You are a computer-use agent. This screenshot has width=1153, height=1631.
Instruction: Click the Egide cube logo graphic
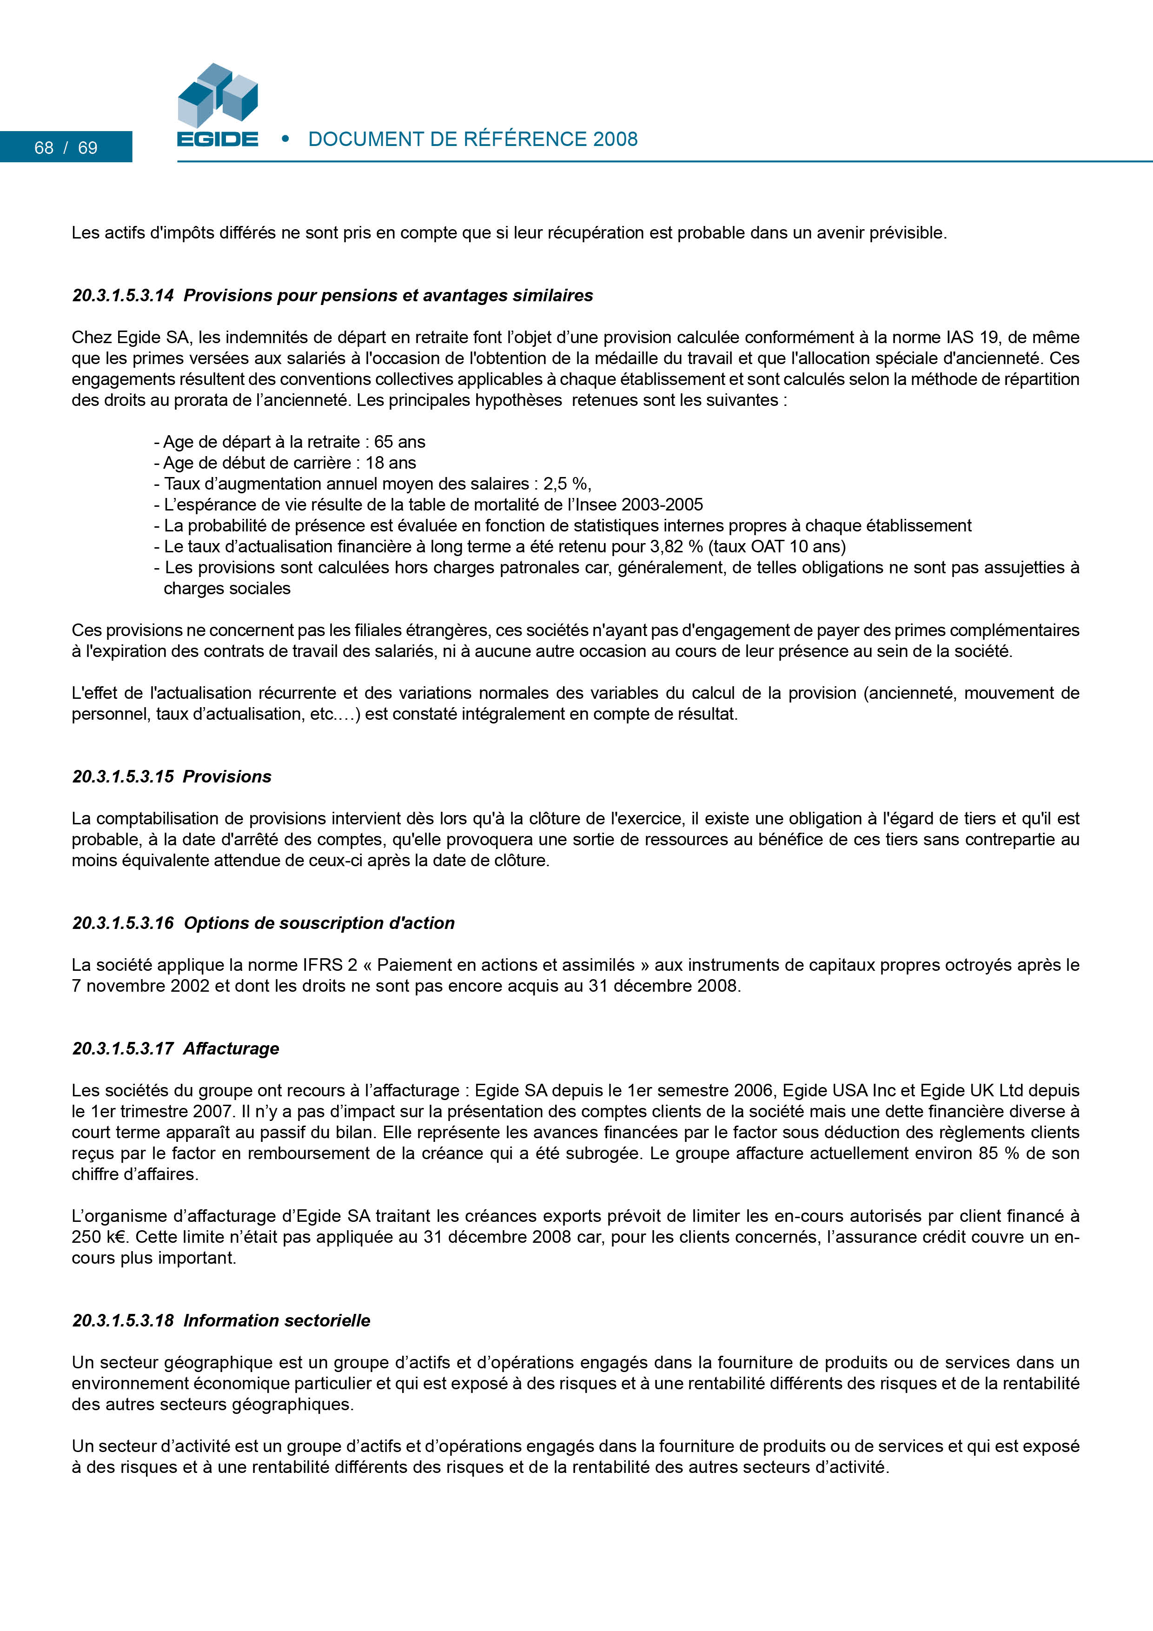point(218,94)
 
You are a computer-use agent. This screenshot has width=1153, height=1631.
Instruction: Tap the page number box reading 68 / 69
point(66,147)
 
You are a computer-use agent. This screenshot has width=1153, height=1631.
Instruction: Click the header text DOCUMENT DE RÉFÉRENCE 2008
point(472,139)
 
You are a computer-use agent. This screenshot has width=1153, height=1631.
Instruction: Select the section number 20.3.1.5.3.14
point(123,296)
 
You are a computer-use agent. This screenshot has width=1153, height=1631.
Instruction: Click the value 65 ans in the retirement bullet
point(399,442)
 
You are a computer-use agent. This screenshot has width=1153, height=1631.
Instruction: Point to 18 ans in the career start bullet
point(391,463)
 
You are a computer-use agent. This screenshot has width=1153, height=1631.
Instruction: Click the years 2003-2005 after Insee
point(662,504)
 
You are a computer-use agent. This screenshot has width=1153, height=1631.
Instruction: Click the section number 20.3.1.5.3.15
point(123,776)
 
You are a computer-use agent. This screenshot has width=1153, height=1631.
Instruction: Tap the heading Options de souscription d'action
point(319,923)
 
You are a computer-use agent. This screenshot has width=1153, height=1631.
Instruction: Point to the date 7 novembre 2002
point(141,986)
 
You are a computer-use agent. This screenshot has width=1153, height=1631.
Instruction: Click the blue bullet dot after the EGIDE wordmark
point(285,139)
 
